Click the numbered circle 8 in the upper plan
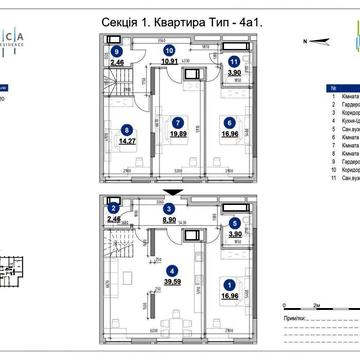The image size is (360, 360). point(126,128)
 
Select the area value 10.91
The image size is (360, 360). point(170,61)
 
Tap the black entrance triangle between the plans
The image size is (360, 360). point(174,190)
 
